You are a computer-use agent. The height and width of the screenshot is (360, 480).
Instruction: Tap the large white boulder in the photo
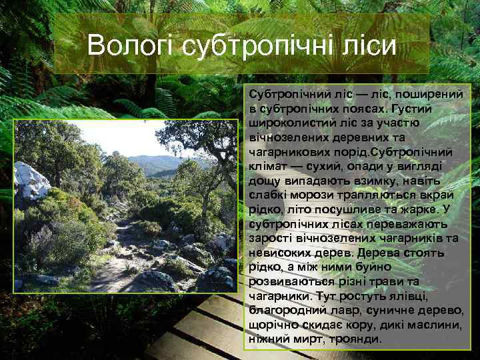[30, 180]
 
